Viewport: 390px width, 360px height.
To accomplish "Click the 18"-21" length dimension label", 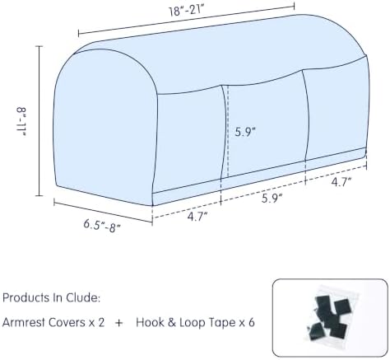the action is point(186,11).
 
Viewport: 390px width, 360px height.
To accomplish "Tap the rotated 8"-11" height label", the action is point(21,122).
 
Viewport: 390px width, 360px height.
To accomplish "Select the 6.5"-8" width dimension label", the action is point(102,226).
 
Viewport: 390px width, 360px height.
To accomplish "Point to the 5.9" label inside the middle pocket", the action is point(245,132).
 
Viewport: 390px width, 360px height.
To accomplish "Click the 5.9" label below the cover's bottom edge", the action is point(272,198).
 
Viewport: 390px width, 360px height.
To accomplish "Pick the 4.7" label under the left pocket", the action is point(197,217).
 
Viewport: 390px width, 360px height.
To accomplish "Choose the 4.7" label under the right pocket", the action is point(341,182).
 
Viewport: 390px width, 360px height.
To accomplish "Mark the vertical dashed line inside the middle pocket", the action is point(228,132).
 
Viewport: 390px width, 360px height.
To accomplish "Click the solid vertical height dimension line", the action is point(39,121).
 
